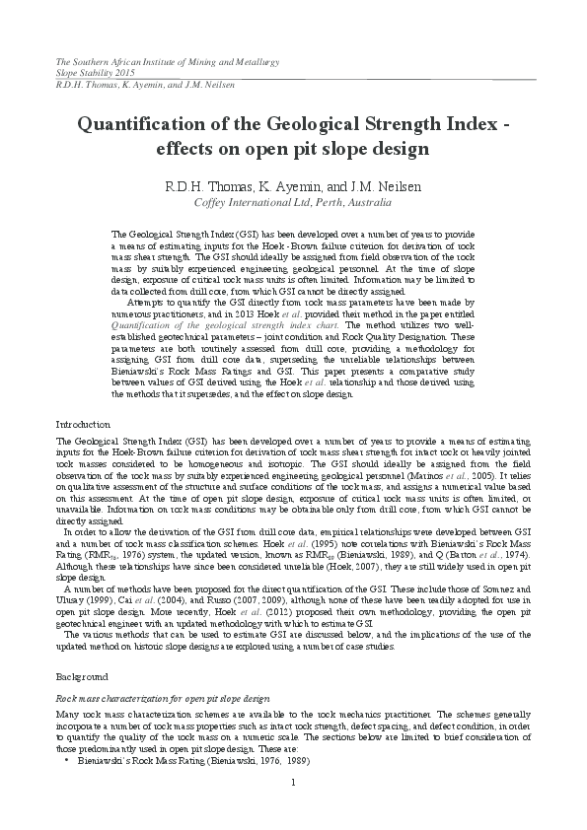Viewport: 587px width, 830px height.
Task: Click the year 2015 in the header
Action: (x=126, y=73)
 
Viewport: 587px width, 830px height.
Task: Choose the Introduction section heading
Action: (x=85, y=424)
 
